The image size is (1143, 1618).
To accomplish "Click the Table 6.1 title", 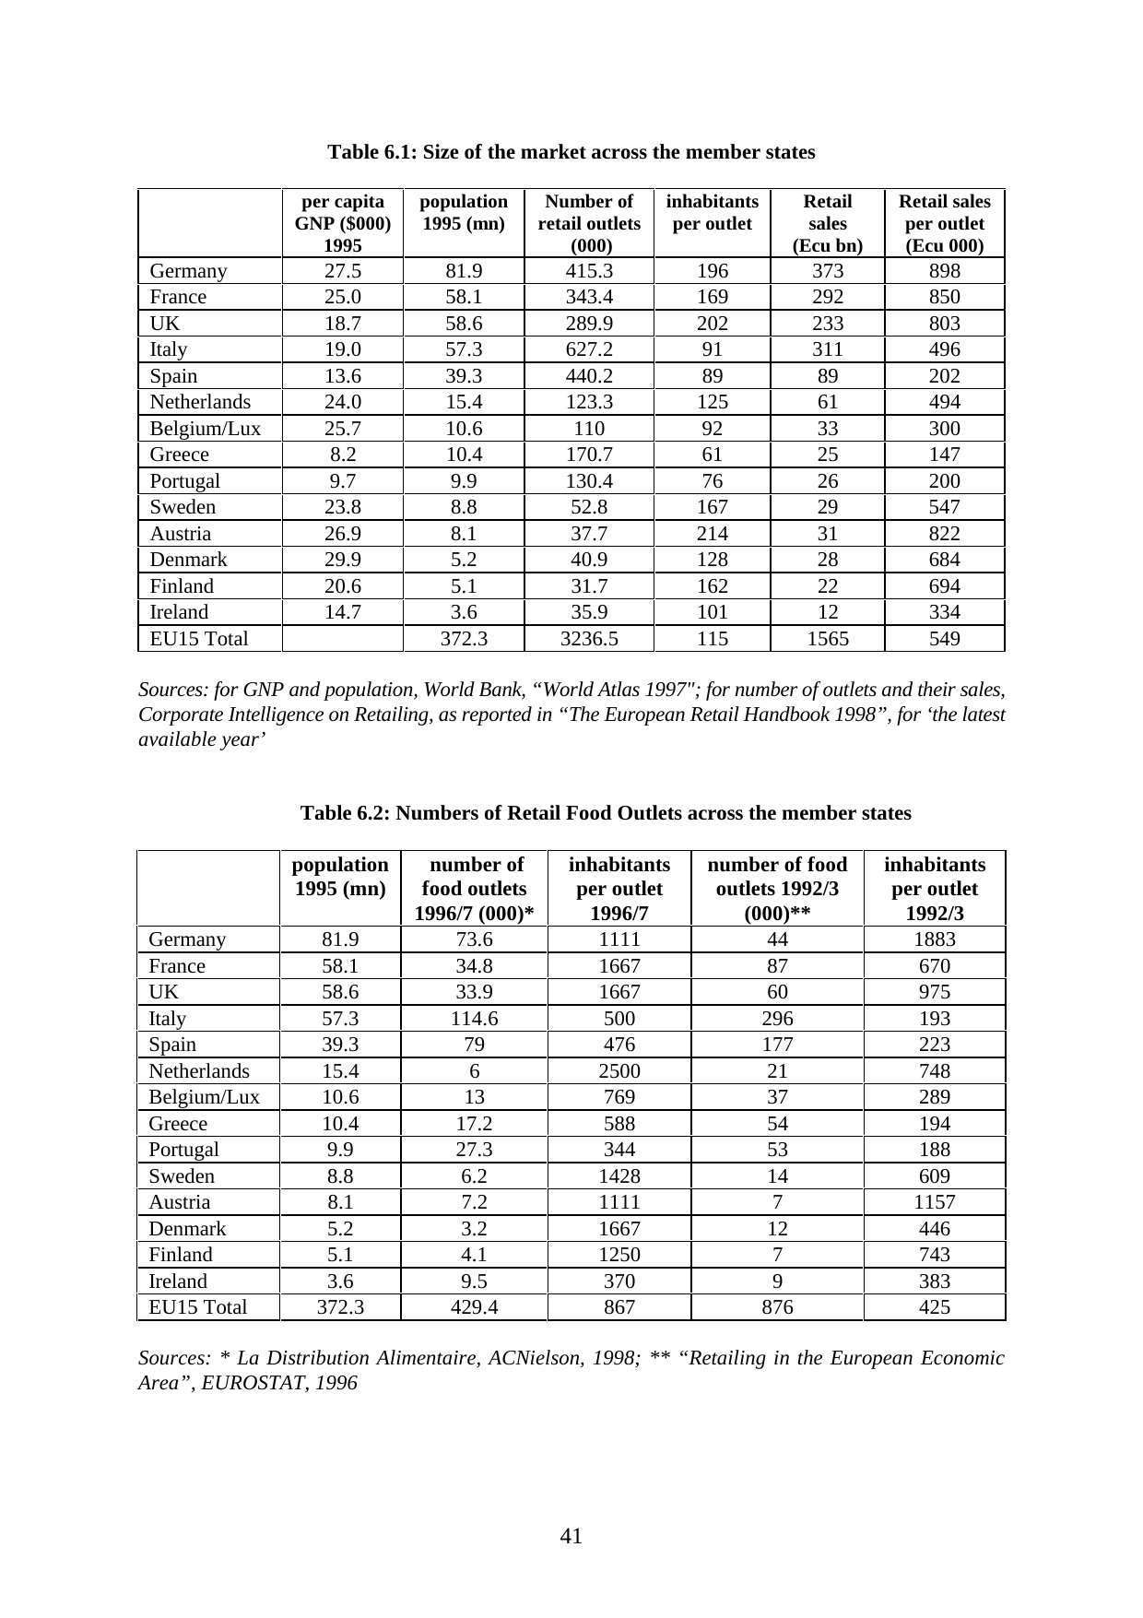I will click(571, 152).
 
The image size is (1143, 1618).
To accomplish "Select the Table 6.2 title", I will click(606, 813).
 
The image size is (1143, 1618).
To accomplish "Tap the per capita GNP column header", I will click(342, 223).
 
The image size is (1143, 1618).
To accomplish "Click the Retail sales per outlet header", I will click(944, 223).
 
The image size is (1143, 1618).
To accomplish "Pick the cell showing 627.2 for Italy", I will click(588, 349).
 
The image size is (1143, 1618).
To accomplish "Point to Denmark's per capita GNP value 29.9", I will click(342, 560).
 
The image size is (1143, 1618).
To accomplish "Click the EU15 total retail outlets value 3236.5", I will click(588, 638).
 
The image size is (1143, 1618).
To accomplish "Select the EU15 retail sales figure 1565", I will click(827, 638).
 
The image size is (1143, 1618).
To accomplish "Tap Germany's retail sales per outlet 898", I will click(944, 271).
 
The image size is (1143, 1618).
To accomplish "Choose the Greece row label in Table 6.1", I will click(180, 455).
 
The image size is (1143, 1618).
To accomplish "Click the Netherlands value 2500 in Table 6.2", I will click(619, 1071).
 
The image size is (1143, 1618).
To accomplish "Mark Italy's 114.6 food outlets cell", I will click(475, 1019).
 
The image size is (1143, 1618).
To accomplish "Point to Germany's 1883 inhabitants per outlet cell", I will click(934, 939).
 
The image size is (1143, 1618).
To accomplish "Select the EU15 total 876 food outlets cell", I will click(777, 1307).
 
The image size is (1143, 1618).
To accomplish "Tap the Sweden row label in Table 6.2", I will click(182, 1176).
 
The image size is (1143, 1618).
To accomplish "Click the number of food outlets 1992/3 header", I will click(777, 889).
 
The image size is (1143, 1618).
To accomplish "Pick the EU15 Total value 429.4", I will click(475, 1307).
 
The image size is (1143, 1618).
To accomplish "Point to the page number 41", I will click(571, 1536).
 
